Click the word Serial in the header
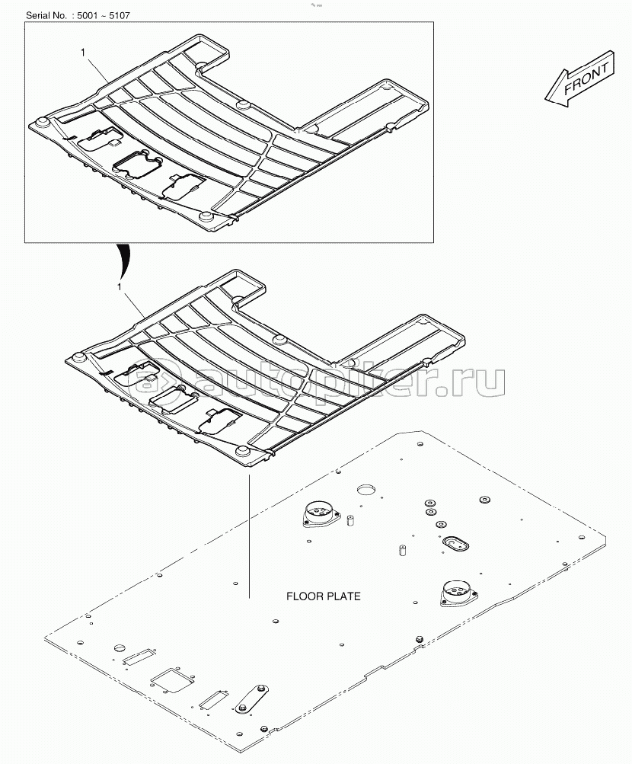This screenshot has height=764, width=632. click(x=42, y=15)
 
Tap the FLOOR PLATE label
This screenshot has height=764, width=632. click(x=323, y=596)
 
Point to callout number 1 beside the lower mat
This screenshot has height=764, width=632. click(x=120, y=286)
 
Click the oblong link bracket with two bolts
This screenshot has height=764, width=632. click(x=252, y=698)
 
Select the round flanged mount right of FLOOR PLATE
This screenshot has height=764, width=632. click(x=456, y=592)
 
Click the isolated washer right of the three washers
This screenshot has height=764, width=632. click(x=484, y=500)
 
